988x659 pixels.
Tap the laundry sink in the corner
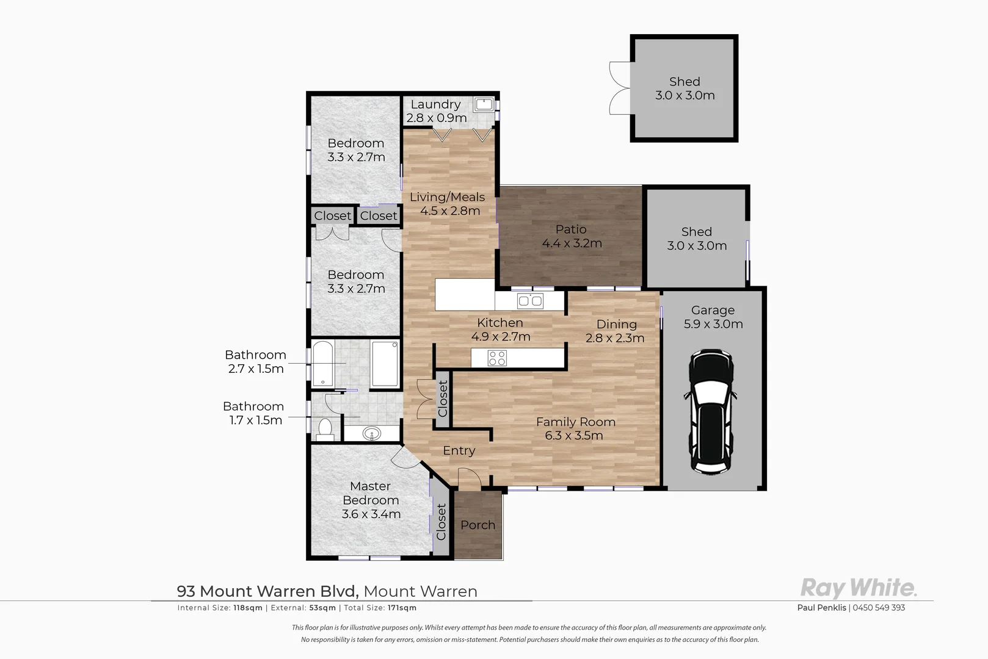(484, 104)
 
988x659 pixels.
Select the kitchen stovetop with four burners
(497, 358)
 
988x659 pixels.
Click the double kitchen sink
(530, 301)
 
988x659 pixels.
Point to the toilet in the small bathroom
(325, 429)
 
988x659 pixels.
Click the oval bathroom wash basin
(372, 434)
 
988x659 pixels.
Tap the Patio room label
(571, 229)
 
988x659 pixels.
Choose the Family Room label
(576, 422)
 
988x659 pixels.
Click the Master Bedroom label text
(371, 493)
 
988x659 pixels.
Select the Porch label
(478, 525)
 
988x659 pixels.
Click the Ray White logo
(859, 588)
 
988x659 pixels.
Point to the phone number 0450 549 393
(879, 608)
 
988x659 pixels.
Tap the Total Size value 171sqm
(402, 608)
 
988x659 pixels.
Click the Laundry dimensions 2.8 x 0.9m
(436, 118)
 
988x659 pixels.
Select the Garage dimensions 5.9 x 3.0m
(713, 324)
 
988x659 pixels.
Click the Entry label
(459, 450)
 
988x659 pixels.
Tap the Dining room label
(617, 324)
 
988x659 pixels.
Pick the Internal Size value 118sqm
(248, 608)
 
